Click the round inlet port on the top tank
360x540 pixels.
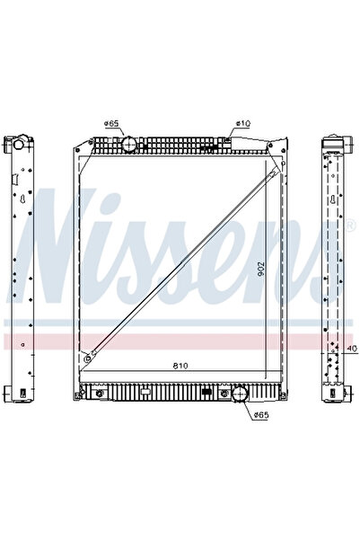coord(128,143)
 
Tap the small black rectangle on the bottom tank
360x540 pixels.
coord(209,391)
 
